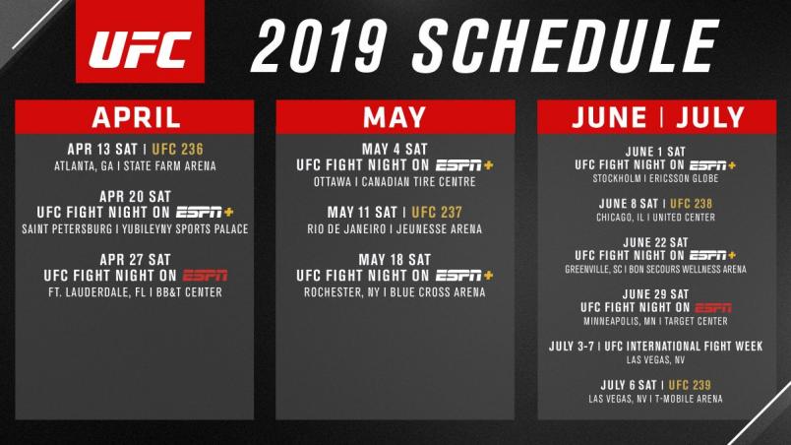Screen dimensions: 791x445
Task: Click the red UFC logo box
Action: click(140, 41)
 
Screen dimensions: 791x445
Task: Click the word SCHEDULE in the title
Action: click(566, 46)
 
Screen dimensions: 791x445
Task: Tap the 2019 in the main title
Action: click(320, 46)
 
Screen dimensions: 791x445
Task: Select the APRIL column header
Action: click(136, 117)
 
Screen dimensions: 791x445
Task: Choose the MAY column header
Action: click(395, 117)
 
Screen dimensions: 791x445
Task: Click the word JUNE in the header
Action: click(609, 117)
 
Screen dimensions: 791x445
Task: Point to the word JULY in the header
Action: click(710, 117)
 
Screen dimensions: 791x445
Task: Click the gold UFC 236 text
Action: click(177, 150)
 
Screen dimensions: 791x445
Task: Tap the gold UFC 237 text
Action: click(437, 213)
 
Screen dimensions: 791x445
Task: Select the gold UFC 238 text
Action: click(691, 204)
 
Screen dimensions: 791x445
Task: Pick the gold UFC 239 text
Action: click(690, 386)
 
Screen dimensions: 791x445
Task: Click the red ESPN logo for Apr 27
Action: click(205, 276)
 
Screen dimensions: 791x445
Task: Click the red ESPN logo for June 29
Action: click(713, 308)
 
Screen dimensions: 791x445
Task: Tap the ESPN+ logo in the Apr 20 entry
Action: click(205, 213)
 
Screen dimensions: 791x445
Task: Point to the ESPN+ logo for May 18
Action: click(464, 276)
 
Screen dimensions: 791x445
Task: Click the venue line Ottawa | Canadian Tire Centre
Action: click(395, 182)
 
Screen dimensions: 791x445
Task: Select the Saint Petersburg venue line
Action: click(135, 229)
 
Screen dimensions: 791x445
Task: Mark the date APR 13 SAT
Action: click(102, 150)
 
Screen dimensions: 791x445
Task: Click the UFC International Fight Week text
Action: click(684, 347)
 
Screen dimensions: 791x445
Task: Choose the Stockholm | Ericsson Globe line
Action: click(656, 178)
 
